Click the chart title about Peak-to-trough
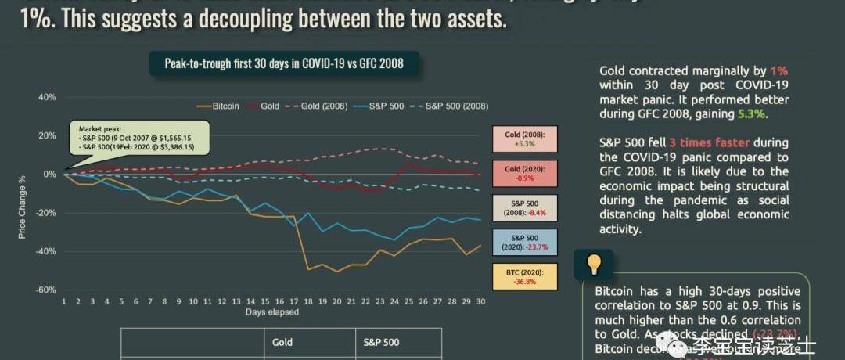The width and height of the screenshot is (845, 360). click(x=284, y=63)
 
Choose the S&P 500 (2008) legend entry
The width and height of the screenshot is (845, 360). click(x=450, y=106)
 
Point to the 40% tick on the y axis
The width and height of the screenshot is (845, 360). click(x=46, y=98)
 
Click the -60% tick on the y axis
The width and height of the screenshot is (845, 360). click(x=45, y=290)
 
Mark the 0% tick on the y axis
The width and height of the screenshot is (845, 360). click(x=49, y=175)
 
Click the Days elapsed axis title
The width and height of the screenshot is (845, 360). click(x=272, y=311)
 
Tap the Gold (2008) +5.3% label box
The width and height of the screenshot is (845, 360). click(x=524, y=139)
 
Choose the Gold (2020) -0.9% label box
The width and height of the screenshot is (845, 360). click(x=524, y=174)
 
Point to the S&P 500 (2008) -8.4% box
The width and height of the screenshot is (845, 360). click(x=524, y=207)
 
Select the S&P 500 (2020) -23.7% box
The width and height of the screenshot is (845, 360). click(x=524, y=242)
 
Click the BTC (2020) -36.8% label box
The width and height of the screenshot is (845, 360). click(x=524, y=276)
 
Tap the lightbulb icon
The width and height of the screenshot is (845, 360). click(x=594, y=265)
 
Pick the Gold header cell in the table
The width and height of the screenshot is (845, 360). click(x=282, y=342)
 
